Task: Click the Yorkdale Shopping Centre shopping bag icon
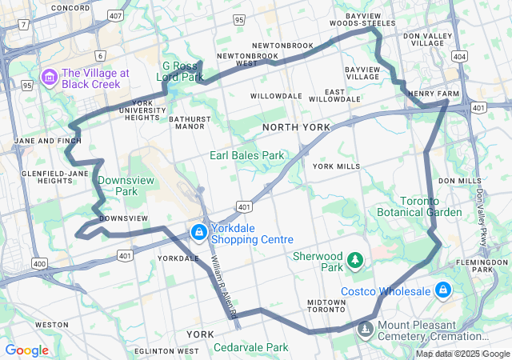click(x=198, y=232)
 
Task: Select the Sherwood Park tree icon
click(x=355, y=260)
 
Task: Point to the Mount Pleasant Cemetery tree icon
click(x=366, y=329)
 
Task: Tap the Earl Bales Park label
click(x=247, y=155)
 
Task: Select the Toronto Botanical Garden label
click(x=420, y=206)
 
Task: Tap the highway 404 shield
click(x=459, y=57)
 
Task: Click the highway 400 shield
click(x=39, y=262)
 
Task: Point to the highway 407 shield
click(x=116, y=15)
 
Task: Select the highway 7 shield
click(x=25, y=25)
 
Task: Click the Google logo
click(x=27, y=350)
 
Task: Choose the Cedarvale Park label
click(x=250, y=347)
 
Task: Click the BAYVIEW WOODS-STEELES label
click(x=370, y=19)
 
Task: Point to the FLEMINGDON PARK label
click(x=488, y=266)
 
